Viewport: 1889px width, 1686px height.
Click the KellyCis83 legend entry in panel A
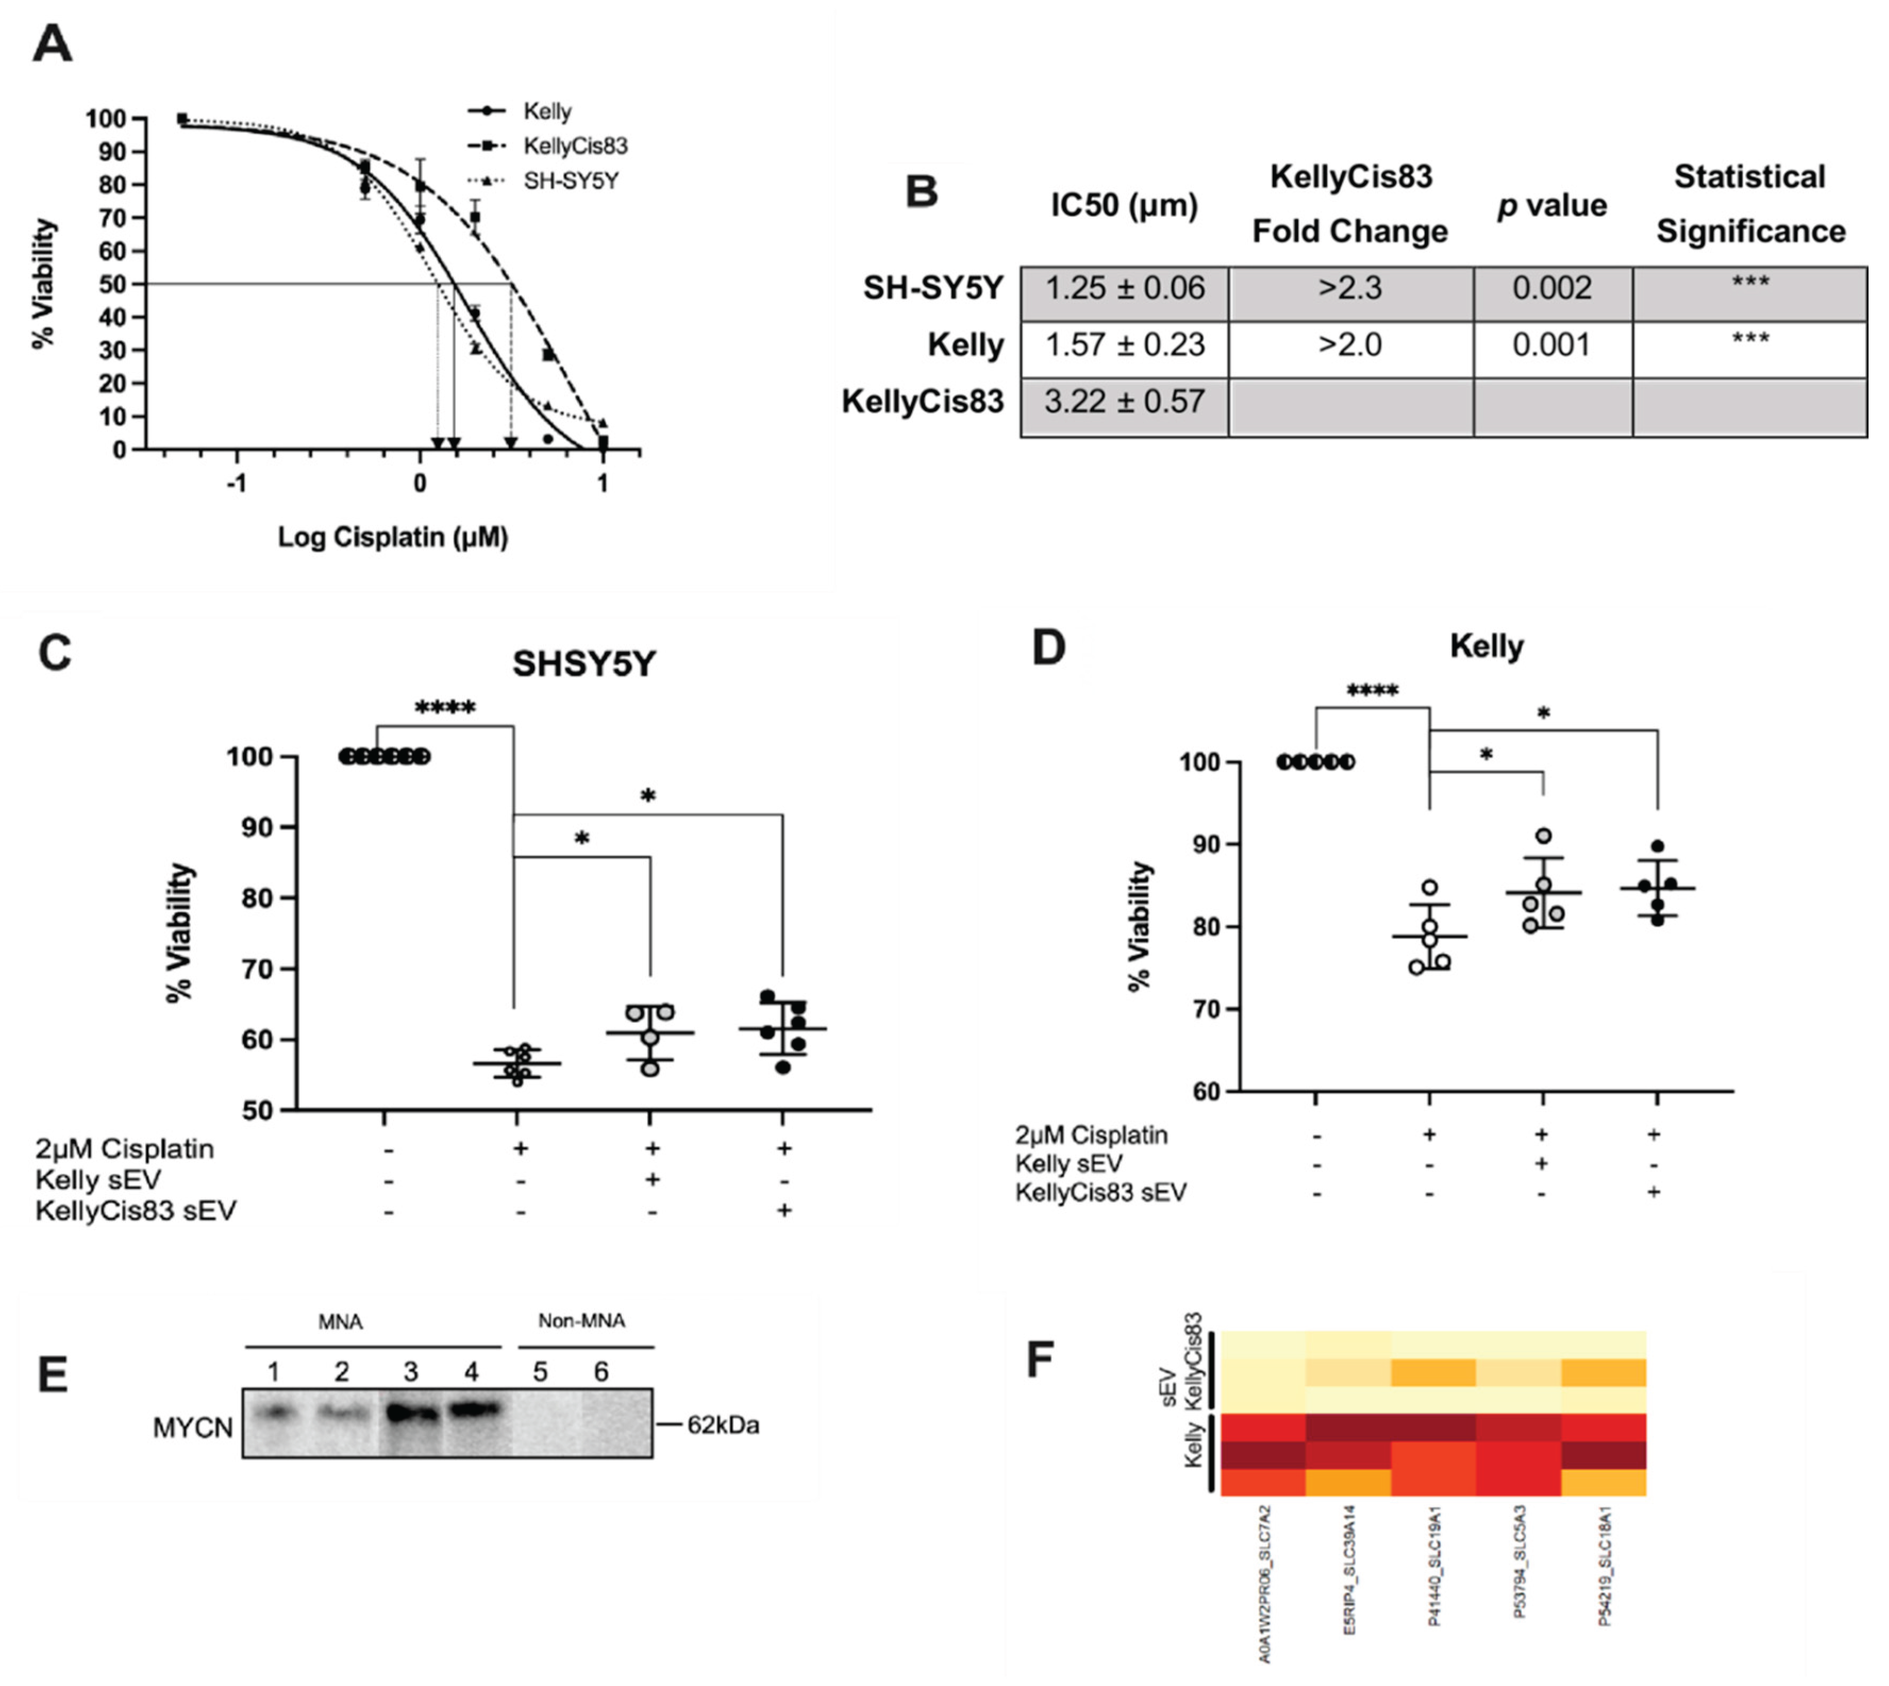[x=574, y=146]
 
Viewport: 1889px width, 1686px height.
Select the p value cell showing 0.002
[x=1552, y=288]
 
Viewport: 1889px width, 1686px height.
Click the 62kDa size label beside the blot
[x=723, y=1425]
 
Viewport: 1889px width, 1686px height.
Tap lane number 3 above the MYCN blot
[x=411, y=1372]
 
